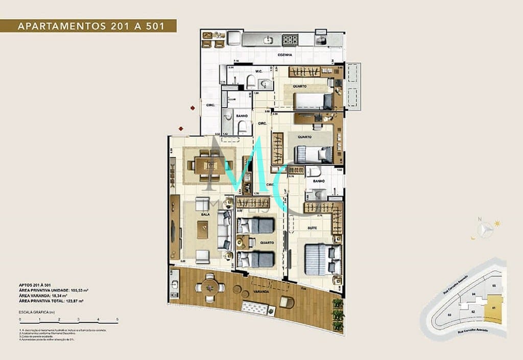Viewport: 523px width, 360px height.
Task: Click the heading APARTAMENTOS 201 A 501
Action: [91, 26]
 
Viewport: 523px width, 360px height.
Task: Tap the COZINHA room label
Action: [284, 55]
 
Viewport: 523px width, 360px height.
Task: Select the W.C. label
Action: [259, 72]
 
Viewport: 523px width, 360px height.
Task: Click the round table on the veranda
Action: [209, 287]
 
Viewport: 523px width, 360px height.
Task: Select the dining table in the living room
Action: [210, 165]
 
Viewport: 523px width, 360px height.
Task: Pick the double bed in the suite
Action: [322, 258]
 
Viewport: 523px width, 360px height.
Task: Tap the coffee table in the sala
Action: [203, 229]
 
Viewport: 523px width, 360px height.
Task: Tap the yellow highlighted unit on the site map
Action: [493, 308]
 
